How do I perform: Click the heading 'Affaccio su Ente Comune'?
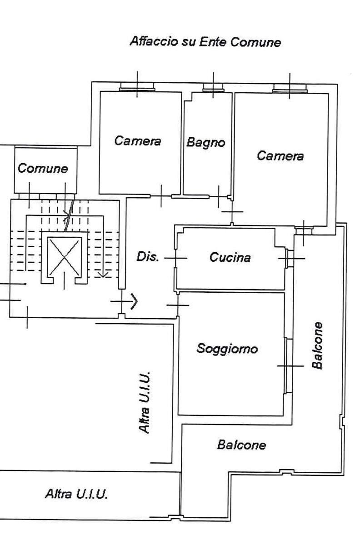[x=205, y=42]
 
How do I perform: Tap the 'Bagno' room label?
[x=205, y=143]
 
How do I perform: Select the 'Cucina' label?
[x=230, y=257]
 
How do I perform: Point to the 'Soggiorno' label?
[x=227, y=349]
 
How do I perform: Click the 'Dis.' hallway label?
[x=148, y=256]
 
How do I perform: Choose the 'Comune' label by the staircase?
[x=43, y=168]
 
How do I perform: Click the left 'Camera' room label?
[x=137, y=140]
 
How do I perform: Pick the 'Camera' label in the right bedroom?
[x=280, y=155]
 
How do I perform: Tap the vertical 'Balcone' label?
[x=317, y=345]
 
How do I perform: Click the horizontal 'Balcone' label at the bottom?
[x=241, y=445]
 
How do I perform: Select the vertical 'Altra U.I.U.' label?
[x=145, y=402]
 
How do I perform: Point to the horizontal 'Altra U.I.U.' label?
[x=76, y=494]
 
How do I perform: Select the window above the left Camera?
[x=137, y=87]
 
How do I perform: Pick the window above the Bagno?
[x=213, y=88]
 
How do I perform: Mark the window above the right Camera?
[x=290, y=89]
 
